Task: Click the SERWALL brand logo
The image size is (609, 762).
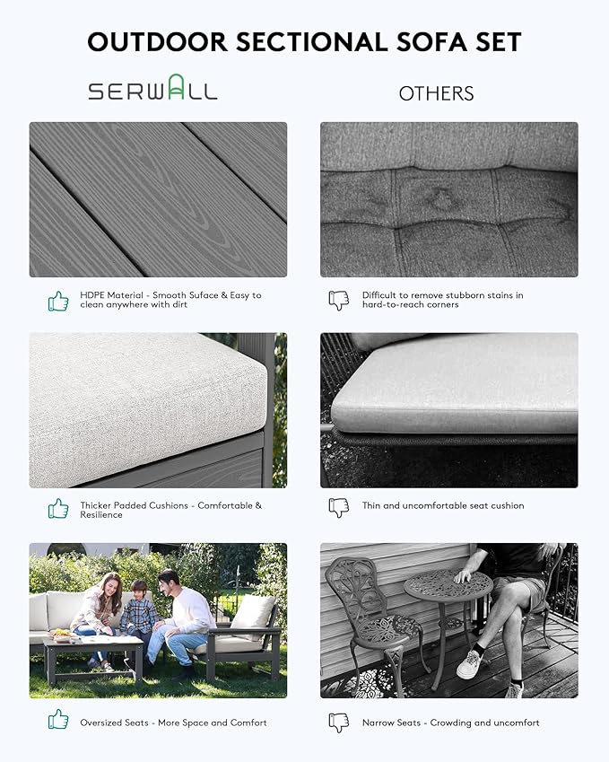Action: click(x=152, y=87)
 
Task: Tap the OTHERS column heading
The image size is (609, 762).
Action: click(x=436, y=93)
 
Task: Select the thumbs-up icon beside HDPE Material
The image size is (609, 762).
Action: click(x=58, y=301)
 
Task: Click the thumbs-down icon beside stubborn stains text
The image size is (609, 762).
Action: click(x=339, y=300)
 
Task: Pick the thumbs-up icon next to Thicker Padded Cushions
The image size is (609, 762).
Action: click(x=58, y=508)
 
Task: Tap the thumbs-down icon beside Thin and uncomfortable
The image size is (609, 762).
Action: click(x=339, y=508)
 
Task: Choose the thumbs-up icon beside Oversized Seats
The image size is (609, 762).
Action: click(x=58, y=719)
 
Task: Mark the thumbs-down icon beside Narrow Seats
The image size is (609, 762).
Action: click(x=339, y=723)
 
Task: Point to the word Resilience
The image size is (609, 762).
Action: click(x=101, y=514)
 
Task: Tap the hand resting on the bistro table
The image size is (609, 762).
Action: click(x=464, y=576)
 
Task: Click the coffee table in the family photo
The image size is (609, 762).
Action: click(x=93, y=657)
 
